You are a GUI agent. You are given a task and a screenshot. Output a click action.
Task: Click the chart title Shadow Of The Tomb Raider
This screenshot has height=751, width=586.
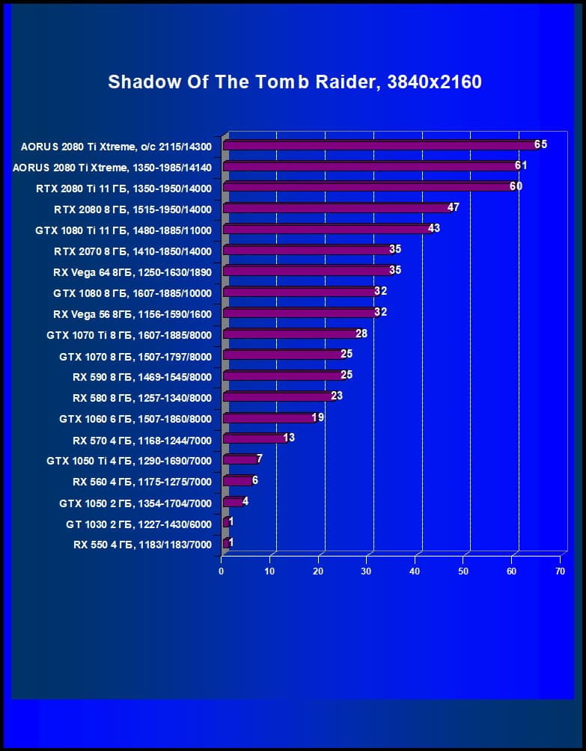pos(294,82)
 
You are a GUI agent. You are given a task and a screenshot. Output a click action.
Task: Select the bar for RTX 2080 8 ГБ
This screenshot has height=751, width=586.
pos(337,208)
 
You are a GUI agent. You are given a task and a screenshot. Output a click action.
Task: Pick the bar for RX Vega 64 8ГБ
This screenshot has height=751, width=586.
pos(308,271)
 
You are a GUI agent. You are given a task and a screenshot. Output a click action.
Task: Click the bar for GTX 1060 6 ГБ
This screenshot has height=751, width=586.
pos(269,418)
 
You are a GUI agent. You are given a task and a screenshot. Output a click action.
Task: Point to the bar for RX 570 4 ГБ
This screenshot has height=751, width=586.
pos(254,438)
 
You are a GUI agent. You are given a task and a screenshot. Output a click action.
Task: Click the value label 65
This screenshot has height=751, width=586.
pos(540,144)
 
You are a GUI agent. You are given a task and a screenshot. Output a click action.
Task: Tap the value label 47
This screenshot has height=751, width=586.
pos(453,207)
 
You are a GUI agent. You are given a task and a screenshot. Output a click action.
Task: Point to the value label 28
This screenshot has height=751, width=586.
pos(361,333)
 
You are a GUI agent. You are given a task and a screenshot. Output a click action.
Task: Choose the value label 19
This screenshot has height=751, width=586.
pos(317,417)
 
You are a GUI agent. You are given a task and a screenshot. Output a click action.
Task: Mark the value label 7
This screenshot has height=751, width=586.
pos(259,459)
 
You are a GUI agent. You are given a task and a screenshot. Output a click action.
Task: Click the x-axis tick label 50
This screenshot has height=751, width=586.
pos(463,571)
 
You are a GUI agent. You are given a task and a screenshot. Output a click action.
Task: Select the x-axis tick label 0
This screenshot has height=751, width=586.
pos(222,571)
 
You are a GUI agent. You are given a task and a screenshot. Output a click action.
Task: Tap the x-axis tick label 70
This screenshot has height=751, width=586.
pos(559,571)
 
